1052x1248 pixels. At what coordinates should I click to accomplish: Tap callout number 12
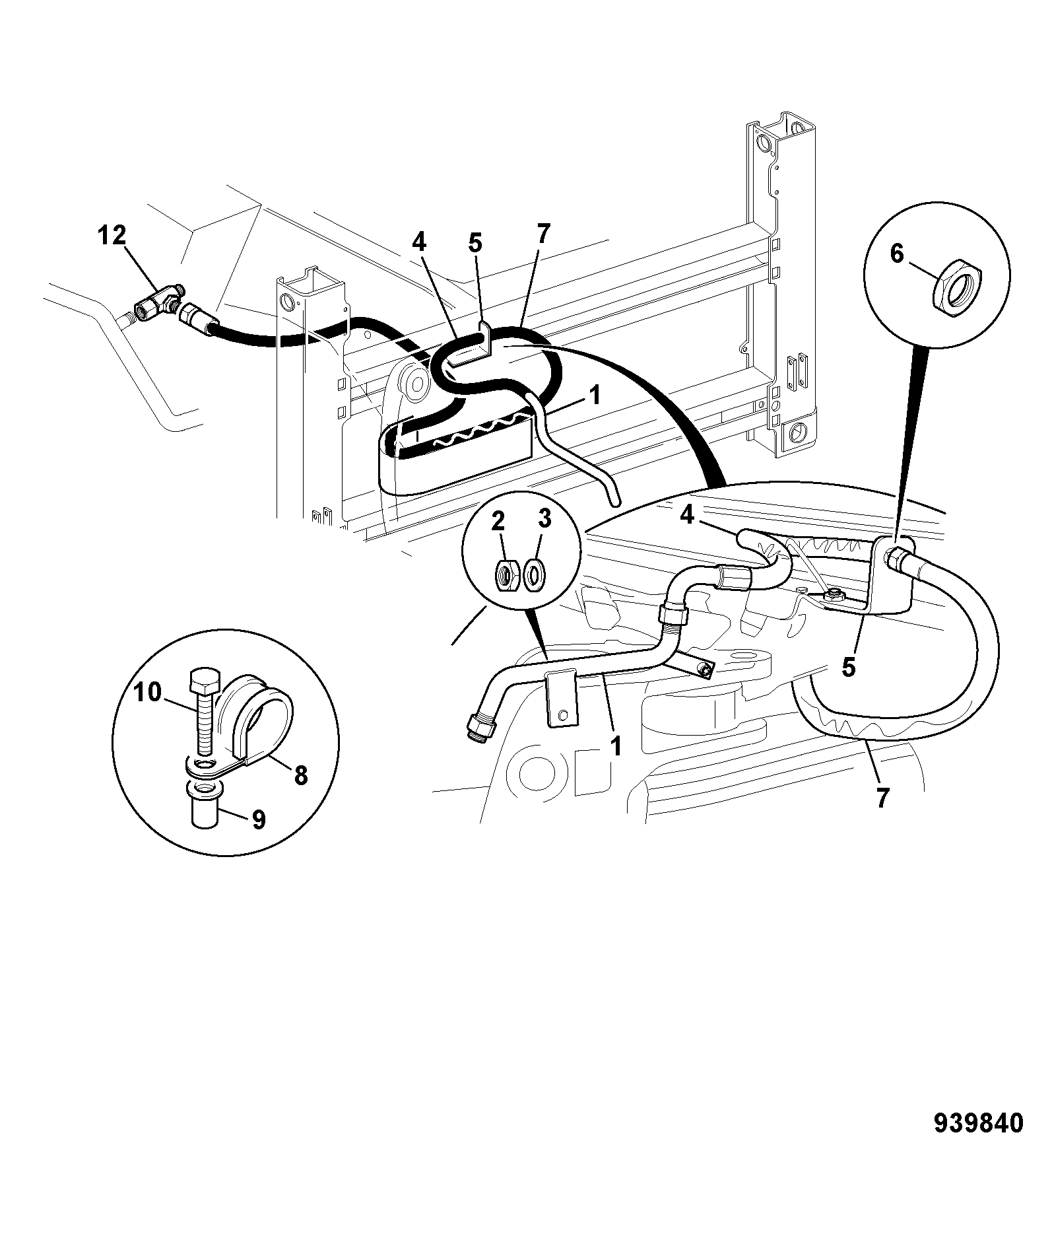click(112, 236)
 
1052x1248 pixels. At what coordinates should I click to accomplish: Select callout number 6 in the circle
click(897, 253)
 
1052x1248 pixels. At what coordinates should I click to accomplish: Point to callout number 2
click(498, 522)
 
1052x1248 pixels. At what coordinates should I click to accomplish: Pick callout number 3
click(544, 522)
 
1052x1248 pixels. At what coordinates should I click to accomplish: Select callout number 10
click(148, 693)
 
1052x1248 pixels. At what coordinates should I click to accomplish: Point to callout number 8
click(301, 775)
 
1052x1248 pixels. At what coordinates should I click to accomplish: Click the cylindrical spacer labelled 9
click(205, 805)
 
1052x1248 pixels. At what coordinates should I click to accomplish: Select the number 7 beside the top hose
click(542, 234)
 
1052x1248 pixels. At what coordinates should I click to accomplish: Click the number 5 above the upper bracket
click(475, 244)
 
